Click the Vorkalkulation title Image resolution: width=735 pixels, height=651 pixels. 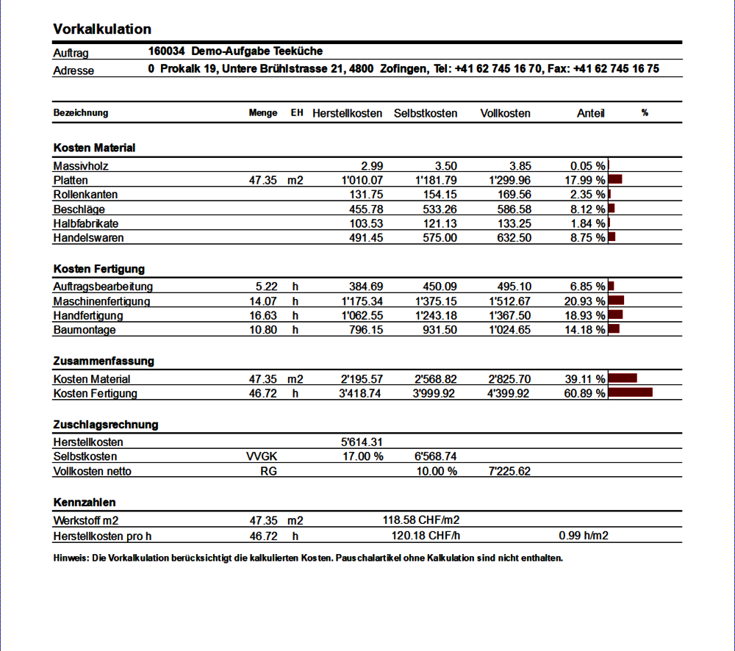click(x=102, y=29)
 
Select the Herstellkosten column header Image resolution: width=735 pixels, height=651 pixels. click(x=347, y=113)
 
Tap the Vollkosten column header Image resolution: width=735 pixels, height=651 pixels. click(x=505, y=113)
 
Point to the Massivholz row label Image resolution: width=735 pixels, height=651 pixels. click(x=81, y=166)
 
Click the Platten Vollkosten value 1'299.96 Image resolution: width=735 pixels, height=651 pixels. click(x=510, y=181)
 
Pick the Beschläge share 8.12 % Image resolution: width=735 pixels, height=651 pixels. click(x=587, y=209)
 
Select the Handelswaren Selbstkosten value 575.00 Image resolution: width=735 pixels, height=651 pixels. click(x=440, y=238)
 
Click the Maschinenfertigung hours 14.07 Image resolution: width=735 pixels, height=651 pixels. click(x=263, y=301)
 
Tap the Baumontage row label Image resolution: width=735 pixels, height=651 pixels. click(x=85, y=331)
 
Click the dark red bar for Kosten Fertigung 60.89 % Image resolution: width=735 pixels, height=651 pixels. click(x=631, y=393)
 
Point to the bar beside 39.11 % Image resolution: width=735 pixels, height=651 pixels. click(x=623, y=378)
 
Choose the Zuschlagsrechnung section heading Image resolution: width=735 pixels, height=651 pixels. click(x=106, y=425)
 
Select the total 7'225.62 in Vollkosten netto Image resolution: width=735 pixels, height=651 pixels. click(x=510, y=471)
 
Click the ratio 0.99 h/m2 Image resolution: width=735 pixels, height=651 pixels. click(x=584, y=536)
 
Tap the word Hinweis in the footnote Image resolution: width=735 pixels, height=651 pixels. click(x=68, y=558)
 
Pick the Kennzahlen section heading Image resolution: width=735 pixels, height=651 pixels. click(x=85, y=503)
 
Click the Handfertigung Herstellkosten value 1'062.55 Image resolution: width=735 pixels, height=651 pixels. click(x=362, y=316)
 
